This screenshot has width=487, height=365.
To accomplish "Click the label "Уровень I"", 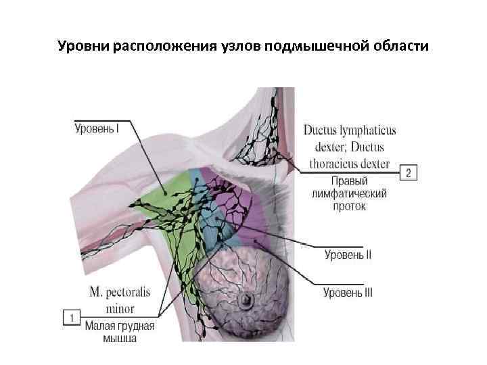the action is coord(96,126).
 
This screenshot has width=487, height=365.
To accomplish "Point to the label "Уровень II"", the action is coord(348,255).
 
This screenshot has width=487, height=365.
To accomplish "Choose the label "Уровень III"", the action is coord(348,293).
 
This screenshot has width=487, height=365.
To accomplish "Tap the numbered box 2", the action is coord(409,173).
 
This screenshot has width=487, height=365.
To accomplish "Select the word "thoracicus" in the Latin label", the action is coord(340,164).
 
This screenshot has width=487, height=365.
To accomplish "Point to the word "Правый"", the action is coord(349,181).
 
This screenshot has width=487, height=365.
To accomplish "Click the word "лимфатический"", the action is coord(349,193).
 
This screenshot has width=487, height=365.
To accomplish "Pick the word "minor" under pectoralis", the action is coord(120,309).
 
